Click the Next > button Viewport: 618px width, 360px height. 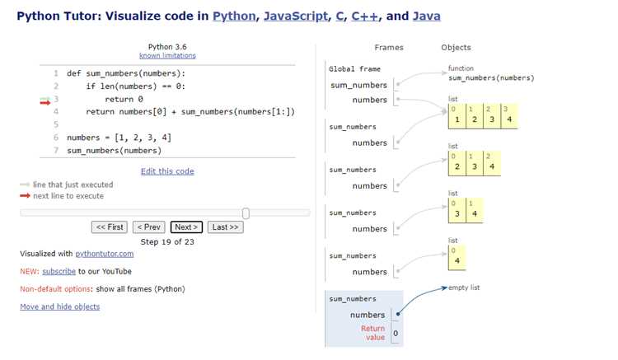[186, 227]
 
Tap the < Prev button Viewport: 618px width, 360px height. [149, 227]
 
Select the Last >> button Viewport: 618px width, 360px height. [226, 227]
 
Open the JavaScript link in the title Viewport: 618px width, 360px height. [296, 16]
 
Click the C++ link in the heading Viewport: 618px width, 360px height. [364, 16]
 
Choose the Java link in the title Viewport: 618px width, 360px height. [427, 16]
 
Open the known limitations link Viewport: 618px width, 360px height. [167, 55]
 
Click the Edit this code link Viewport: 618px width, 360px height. [167, 171]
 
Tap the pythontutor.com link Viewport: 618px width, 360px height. [105, 254]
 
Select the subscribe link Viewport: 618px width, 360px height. [59, 271]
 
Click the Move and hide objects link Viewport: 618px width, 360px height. [60, 306]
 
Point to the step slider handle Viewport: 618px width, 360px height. [246, 213]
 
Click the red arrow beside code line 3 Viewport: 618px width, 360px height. [45, 103]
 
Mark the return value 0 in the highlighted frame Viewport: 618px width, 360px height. [396, 333]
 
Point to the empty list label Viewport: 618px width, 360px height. [464, 288]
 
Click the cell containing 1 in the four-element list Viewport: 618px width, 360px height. [457, 116]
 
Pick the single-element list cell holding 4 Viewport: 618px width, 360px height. [457, 258]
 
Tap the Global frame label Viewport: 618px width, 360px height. [354, 69]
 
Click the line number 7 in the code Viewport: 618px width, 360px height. [56, 151]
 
